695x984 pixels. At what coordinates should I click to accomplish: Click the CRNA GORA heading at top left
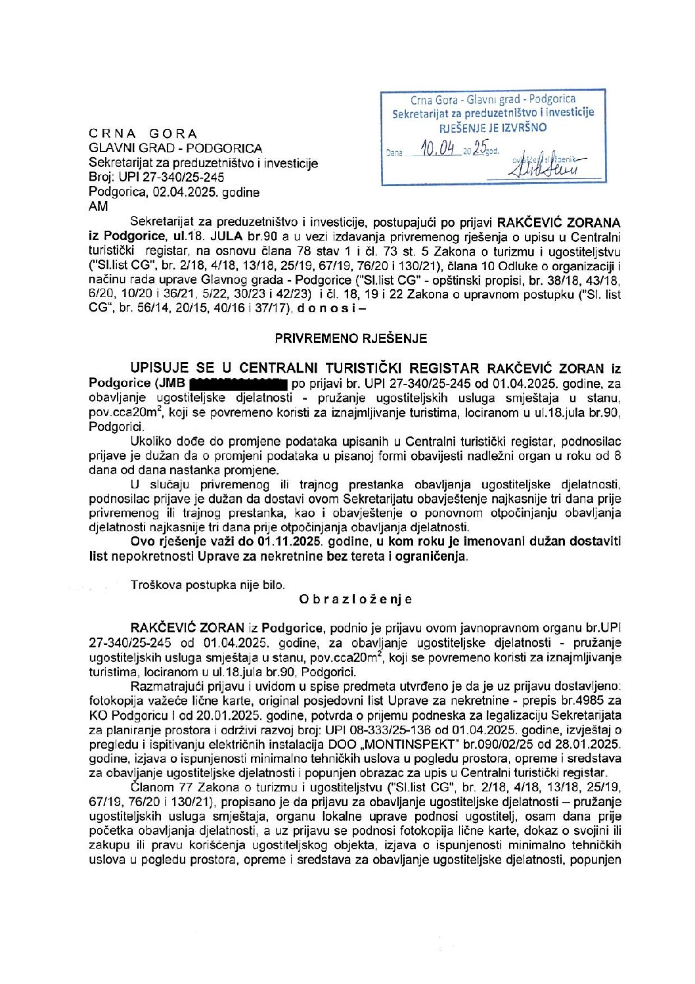tap(143, 134)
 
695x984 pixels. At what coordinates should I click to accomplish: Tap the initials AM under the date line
tap(98, 206)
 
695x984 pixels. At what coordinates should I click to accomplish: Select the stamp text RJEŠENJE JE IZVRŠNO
tap(493, 128)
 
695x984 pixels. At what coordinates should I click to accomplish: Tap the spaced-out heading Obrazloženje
tap(355, 599)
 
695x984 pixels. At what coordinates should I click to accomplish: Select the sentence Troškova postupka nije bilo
tap(208, 584)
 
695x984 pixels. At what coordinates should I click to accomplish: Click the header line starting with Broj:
tap(156, 177)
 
